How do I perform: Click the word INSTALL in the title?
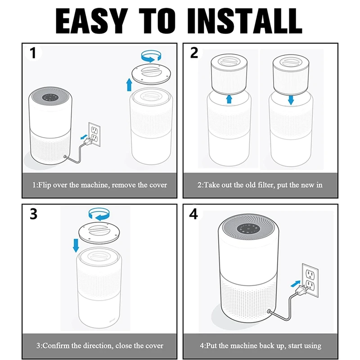(x=245, y=21)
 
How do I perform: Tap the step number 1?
(x=33, y=53)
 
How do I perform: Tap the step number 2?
(x=194, y=53)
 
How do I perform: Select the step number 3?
(x=33, y=214)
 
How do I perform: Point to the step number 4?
(x=193, y=214)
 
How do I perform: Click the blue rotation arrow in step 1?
(x=151, y=57)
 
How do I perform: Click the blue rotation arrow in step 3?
(x=99, y=215)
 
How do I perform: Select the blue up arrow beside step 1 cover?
(x=129, y=85)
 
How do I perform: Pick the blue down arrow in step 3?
(x=76, y=245)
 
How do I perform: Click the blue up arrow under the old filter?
(x=229, y=99)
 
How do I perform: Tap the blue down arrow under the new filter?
(x=291, y=100)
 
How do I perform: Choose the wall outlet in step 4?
(x=310, y=280)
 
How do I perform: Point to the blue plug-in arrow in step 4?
(x=296, y=283)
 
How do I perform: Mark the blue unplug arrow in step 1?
(x=84, y=137)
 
